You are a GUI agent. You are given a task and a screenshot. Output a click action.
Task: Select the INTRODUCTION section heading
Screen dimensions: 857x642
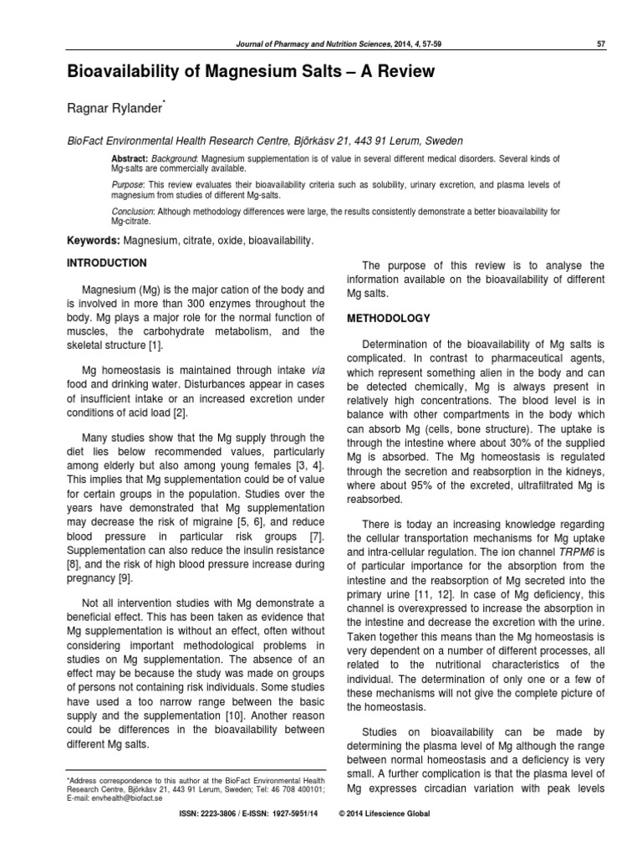[x=107, y=263]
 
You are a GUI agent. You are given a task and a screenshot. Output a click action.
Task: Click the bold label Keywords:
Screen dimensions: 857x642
[x=93, y=240]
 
